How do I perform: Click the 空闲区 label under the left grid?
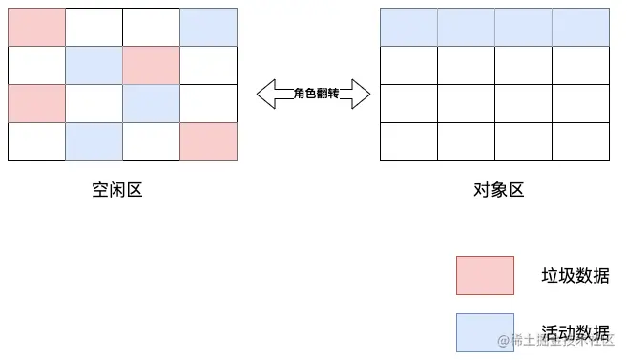[116, 190]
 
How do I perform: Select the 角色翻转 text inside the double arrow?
[313, 93]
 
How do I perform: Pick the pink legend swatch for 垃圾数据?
[485, 275]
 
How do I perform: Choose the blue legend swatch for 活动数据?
[485, 331]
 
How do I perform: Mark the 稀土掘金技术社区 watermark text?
[561, 341]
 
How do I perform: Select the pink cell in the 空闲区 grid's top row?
[36, 27]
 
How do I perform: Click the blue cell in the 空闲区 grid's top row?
[208, 27]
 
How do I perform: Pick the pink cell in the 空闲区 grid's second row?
[151, 65]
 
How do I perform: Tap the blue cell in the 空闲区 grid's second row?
[94, 65]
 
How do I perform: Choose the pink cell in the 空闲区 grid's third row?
[36, 103]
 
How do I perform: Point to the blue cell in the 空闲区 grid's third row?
[151, 103]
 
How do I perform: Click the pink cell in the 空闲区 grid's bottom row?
[208, 141]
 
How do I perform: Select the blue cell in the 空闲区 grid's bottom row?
[94, 141]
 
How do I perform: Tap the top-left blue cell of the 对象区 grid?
[408, 27]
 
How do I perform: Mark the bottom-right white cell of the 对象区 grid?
[580, 141]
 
